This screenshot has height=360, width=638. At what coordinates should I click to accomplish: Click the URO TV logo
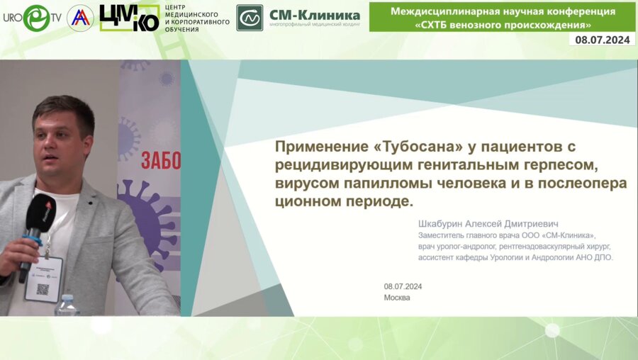coord(32,18)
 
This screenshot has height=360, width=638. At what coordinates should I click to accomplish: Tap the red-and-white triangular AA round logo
coord(80,18)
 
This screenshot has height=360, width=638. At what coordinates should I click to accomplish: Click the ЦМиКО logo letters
coord(129,18)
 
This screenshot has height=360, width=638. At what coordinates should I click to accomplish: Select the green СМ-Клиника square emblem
coord(250,18)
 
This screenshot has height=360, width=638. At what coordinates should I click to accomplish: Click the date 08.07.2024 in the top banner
coord(602,40)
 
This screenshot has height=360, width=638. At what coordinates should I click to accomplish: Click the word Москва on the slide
coord(397,298)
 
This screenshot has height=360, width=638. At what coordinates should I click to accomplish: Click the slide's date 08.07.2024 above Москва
coord(403,286)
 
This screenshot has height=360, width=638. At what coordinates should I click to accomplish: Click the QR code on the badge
coord(43,289)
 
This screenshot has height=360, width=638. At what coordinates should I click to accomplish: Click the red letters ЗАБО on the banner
coord(161,161)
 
